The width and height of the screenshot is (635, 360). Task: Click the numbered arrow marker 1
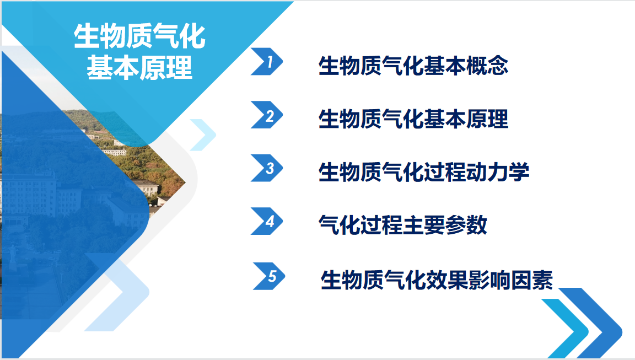(x=267, y=62)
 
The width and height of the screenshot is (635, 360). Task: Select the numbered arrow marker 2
(x=267, y=115)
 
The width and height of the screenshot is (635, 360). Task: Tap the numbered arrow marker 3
(x=267, y=168)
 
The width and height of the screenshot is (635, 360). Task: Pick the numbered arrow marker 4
(x=267, y=221)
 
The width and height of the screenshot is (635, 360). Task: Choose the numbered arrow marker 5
(x=270, y=276)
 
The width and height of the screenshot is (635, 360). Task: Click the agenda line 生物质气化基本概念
(x=413, y=66)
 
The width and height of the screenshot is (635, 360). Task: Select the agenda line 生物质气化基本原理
(x=413, y=119)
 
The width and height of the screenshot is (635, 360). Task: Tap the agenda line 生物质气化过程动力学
(x=423, y=172)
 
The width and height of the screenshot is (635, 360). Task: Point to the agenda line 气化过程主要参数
(x=402, y=225)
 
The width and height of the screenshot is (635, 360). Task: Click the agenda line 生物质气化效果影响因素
(x=437, y=280)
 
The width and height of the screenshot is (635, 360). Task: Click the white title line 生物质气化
(x=139, y=36)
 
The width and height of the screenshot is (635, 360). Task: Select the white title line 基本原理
(x=139, y=67)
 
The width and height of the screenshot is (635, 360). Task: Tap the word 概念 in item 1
(x=487, y=66)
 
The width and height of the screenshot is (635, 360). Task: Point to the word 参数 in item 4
(x=466, y=225)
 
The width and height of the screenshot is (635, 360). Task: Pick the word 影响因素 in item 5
(x=510, y=280)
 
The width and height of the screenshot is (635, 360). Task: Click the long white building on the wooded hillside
(x=114, y=152)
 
